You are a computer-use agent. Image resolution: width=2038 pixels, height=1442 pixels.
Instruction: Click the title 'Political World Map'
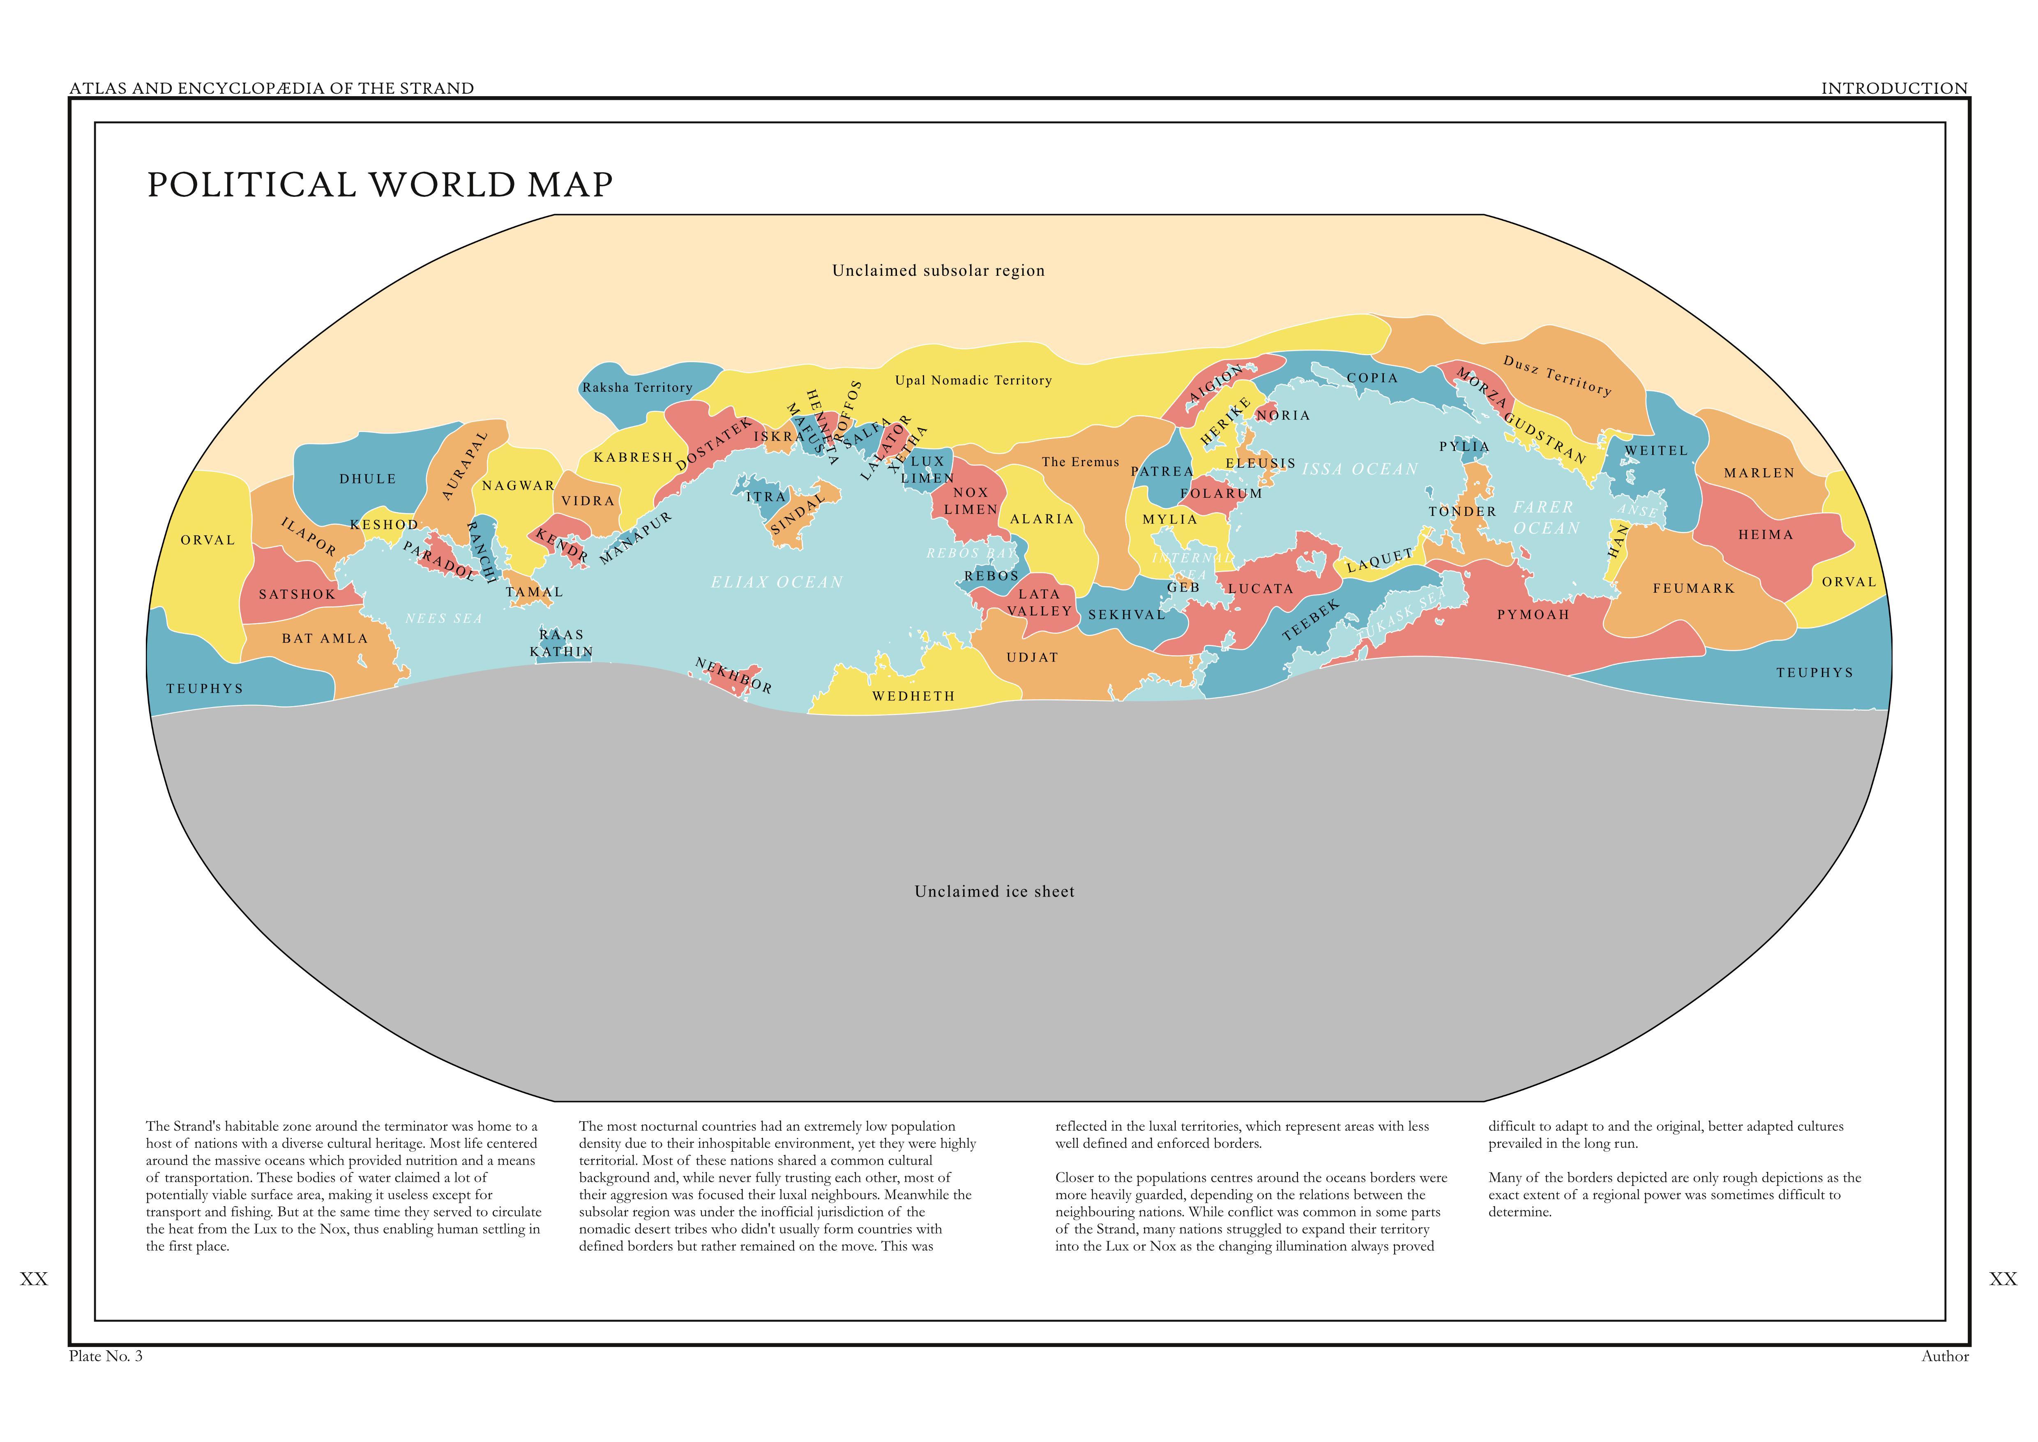(380, 185)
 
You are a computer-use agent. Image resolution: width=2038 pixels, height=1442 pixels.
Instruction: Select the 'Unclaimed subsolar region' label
(938, 271)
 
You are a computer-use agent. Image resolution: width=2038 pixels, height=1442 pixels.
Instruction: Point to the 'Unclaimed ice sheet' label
(994, 892)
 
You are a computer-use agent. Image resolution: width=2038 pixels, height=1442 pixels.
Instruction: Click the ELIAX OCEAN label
(777, 582)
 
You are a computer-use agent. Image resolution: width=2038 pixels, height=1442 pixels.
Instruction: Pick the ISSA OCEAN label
(1360, 469)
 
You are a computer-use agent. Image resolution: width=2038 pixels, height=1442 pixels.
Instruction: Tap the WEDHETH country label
(913, 696)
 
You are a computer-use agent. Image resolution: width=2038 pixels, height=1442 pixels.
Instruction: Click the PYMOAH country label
(1533, 615)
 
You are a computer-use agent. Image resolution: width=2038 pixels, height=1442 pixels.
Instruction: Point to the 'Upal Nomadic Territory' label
(973, 380)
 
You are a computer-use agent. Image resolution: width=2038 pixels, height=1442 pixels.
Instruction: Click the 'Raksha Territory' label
(637, 387)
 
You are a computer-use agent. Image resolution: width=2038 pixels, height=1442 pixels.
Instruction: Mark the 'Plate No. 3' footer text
(106, 1356)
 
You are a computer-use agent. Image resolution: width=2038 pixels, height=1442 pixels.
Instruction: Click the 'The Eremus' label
(1080, 462)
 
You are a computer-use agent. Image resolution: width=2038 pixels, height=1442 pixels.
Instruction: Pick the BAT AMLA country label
(325, 638)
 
